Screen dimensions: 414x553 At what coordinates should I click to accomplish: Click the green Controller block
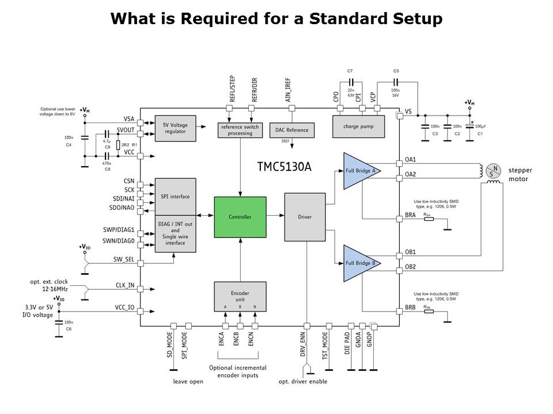tap(240, 216)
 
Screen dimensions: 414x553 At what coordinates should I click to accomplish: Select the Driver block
tap(305, 216)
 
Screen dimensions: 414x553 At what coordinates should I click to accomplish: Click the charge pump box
tap(359, 126)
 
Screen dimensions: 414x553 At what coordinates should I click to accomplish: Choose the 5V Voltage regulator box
tap(175, 128)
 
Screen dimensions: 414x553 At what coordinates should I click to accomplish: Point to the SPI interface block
tap(175, 197)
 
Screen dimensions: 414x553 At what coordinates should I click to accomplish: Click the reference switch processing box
tap(240, 130)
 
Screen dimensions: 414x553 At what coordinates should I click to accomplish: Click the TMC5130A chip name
tap(284, 167)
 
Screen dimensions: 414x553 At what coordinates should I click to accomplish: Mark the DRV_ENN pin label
tap(303, 344)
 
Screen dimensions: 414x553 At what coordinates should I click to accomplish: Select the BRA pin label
tap(410, 215)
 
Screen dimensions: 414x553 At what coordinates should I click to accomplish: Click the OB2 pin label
tap(410, 266)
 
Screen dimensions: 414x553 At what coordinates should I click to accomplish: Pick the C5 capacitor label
tap(396, 71)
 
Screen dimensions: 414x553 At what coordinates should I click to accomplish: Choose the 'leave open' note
tap(188, 381)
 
